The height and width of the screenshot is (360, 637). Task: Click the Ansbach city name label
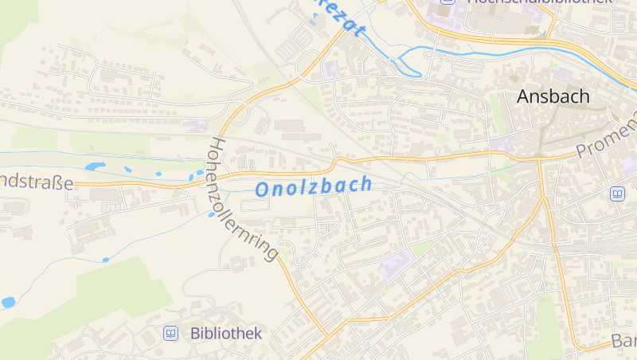[x=553, y=96]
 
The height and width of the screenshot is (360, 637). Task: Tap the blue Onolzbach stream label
[x=313, y=187]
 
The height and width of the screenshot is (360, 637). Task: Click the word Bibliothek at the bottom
[x=226, y=333]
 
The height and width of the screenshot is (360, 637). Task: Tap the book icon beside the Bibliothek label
[x=170, y=333]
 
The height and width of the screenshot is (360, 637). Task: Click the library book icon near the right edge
[x=617, y=194]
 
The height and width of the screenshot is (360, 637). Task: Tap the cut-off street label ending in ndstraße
[x=36, y=182]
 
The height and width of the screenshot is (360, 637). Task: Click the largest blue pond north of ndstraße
[x=96, y=166]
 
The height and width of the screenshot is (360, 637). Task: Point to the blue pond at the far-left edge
[x=8, y=303]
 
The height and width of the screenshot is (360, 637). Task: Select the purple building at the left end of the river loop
[x=330, y=69]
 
